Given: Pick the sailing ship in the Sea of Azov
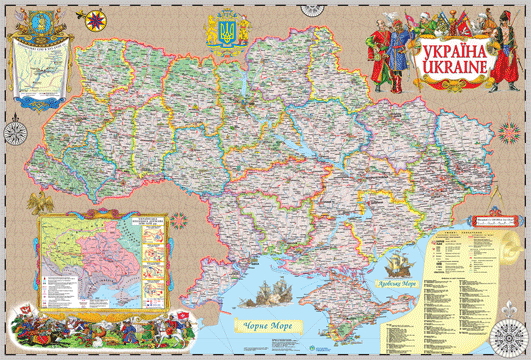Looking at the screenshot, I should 401,265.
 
